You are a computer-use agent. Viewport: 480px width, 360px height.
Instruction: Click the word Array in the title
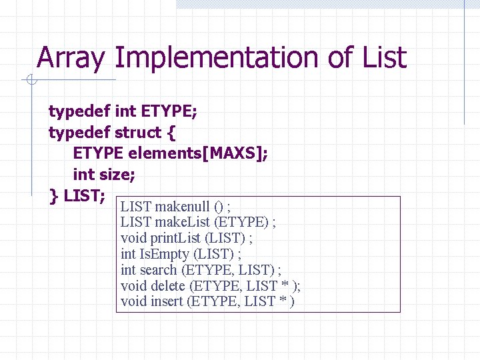coord(71,59)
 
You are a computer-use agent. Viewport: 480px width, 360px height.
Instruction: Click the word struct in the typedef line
coord(138,133)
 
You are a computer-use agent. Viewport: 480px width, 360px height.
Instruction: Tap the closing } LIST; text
coord(77,196)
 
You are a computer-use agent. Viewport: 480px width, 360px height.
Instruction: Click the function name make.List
coord(183,222)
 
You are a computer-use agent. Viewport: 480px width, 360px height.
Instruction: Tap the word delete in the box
coord(168,286)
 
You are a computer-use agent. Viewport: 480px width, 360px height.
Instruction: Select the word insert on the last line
coord(167,301)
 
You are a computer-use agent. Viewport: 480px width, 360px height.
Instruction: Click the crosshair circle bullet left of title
coord(31,81)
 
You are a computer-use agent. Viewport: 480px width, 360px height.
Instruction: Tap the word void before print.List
coord(133,238)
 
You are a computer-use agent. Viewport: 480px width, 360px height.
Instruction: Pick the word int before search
coord(128,270)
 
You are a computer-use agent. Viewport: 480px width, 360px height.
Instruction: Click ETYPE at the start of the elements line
coord(98,153)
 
